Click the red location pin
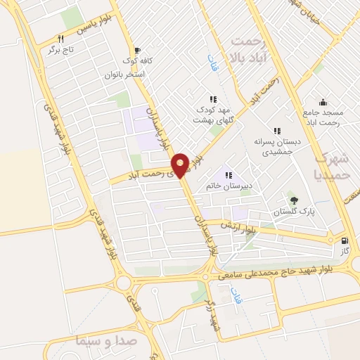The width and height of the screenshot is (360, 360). [x=181, y=165]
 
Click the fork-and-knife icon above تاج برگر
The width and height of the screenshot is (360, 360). [x=62, y=39]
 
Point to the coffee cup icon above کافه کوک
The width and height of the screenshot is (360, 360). [x=136, y=50]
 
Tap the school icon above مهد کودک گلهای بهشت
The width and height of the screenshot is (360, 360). [x=212, y=99]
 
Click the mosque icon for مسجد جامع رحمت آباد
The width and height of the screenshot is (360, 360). [x=323, y=102]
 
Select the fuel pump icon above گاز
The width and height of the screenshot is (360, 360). [x=345, y=240]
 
